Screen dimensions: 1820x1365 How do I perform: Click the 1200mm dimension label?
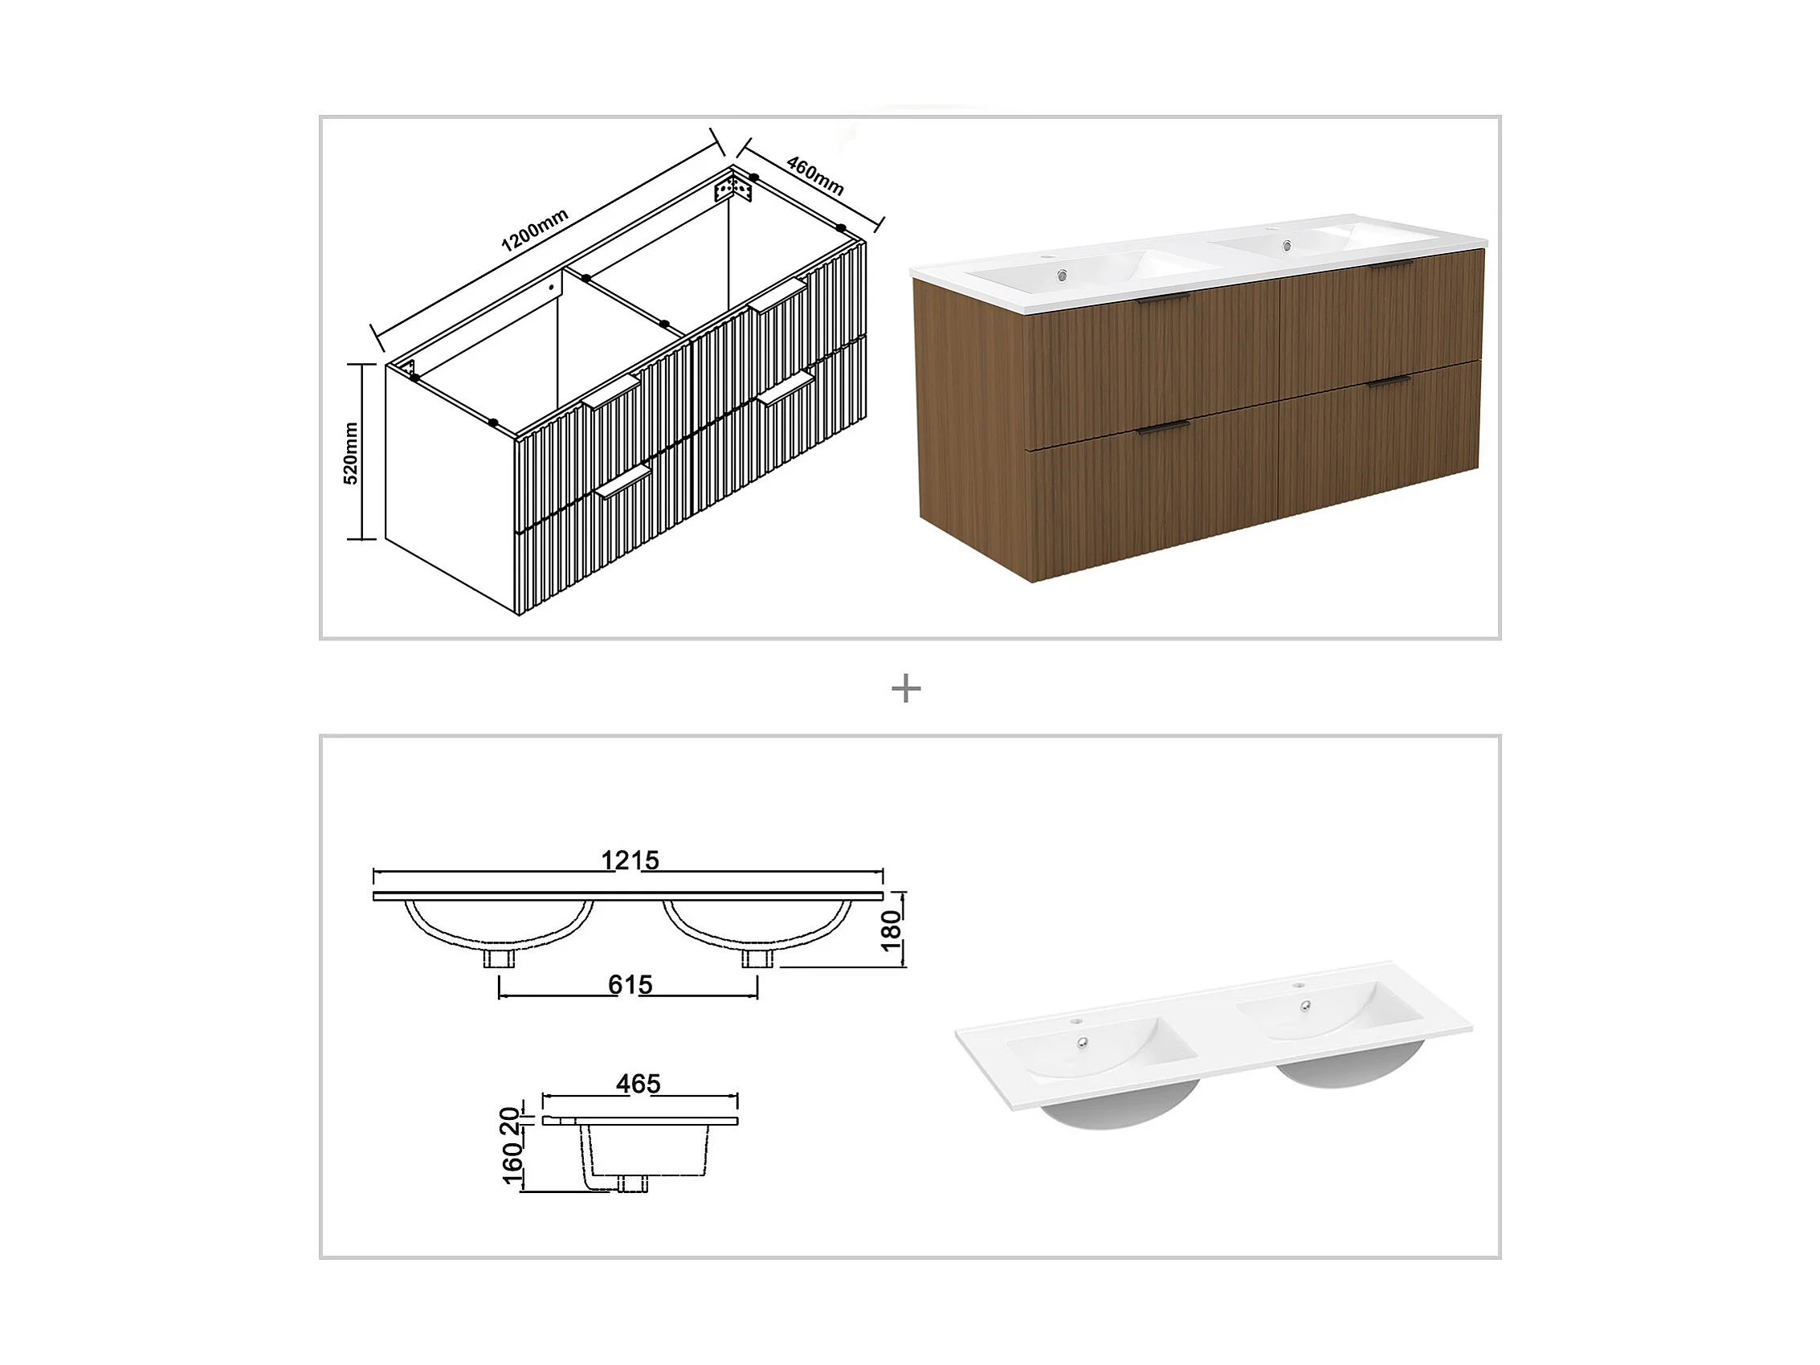pyautogui.click(x=535, y=230)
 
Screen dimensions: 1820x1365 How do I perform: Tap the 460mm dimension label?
pyautogui.click(x=814, y=176)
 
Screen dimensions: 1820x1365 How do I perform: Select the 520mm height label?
pyautogui.click(x=350, y=452)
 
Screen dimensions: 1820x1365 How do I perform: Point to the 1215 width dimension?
pyautogui.click(x=630, y=860)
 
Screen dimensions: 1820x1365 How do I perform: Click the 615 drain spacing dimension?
pyautogui.click(x=630, y=984)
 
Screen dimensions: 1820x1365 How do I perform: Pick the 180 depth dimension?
pyautogui.click(x=892, y=930)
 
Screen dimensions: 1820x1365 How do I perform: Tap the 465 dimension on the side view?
pyautogui.click(x=639, y=1084)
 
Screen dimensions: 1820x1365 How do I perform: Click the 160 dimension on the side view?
pyautogui.click(x=512, y=1163)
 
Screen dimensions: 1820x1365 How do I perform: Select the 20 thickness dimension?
pyautogui.click(x=510, y=1121)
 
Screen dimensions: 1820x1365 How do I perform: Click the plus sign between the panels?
pyautogui.click(x=906, y=689)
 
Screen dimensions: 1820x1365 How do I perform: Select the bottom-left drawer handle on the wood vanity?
pyautogui.click(x=1164, y=426)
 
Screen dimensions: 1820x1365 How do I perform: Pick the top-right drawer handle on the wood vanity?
pyautogui.click(x=1392, y=265)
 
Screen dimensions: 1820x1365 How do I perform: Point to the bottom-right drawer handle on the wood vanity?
pyautogui.click(x=1389, y=382)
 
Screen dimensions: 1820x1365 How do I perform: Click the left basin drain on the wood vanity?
pyautogui.click(x=1063, y=275)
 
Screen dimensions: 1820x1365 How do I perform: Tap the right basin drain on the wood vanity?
pyautogui.click(x=1283, y=245)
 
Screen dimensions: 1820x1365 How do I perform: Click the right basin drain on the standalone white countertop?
pyautogui.click(x=1305, y=1005)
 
